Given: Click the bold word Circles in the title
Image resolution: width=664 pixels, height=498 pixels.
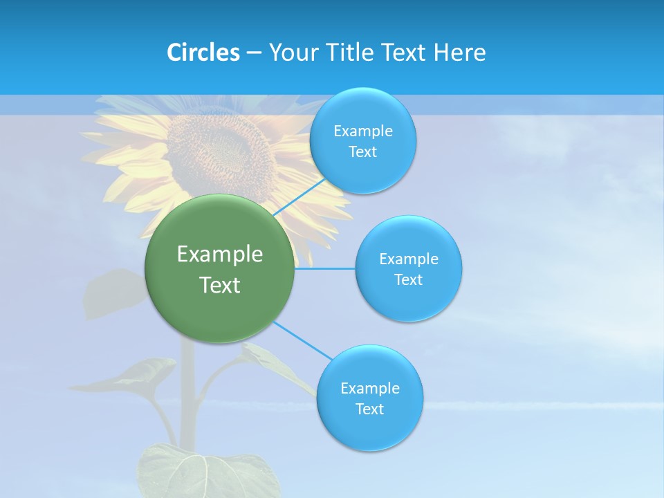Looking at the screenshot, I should [x=203, y=53].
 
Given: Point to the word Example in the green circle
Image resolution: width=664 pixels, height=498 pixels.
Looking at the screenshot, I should [x=219, y=255].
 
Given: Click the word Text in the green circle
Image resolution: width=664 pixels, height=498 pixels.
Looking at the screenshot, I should [x=219, y=285].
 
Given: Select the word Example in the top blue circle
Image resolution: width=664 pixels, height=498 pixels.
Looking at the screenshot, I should [x=362, y=131].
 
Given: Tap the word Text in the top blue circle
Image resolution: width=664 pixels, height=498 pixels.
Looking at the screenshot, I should [x=362, y=152].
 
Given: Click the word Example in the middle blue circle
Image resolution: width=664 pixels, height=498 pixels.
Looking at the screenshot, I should [x=408, y=259].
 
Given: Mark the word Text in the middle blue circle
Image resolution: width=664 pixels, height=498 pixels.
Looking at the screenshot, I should [x=408, y=280].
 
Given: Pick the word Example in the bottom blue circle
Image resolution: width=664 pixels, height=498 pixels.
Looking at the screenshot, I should [x=369, y=389].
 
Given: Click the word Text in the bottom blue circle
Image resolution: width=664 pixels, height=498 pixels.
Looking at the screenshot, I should [x=369, y=409].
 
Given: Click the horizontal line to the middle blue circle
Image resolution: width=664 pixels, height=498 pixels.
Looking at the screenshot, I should [x=325, y=268].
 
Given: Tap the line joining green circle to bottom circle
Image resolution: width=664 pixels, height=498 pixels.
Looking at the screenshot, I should [x=302, y=340].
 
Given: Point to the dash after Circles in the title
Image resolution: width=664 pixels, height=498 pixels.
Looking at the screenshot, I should [x=253, y=53].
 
